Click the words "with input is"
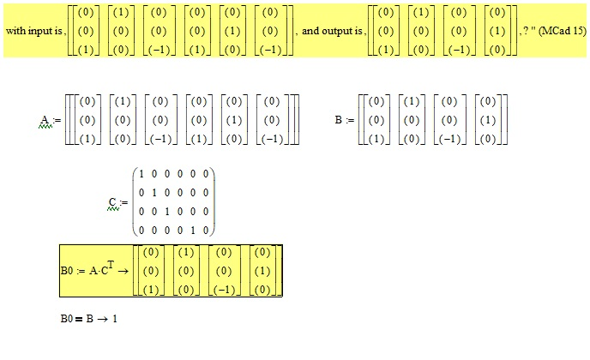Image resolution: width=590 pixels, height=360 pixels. coord(33,30)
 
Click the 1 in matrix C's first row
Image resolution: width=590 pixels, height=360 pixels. coord(141,174)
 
